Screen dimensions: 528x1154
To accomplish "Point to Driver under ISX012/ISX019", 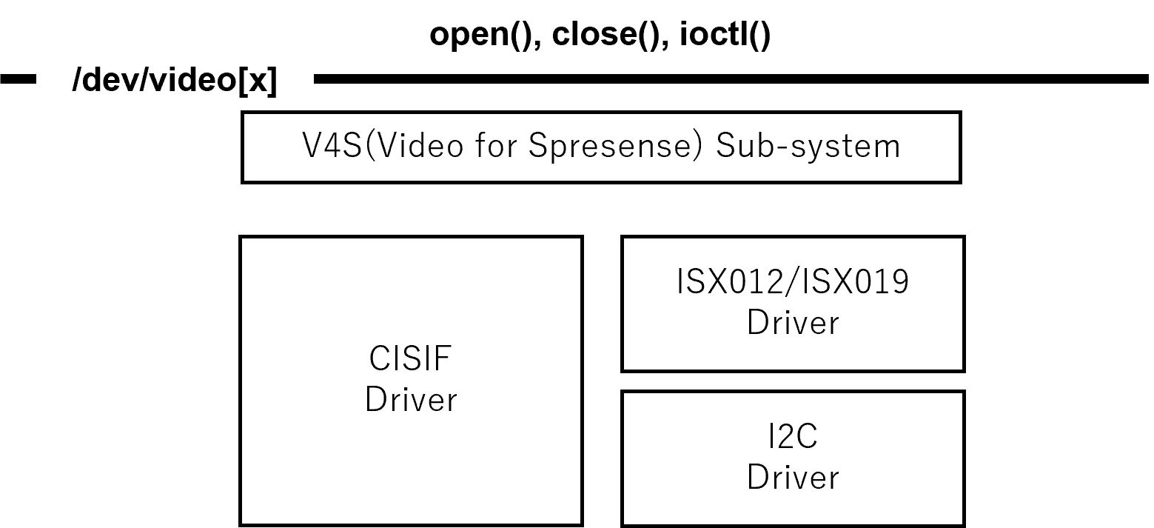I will coord(793,323).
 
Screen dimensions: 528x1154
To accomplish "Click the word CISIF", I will coord(410,360).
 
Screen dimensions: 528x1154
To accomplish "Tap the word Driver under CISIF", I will coord(411,400).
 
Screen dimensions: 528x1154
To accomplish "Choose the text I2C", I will coord(793,437).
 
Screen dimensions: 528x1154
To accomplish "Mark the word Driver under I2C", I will coord(793,477).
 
